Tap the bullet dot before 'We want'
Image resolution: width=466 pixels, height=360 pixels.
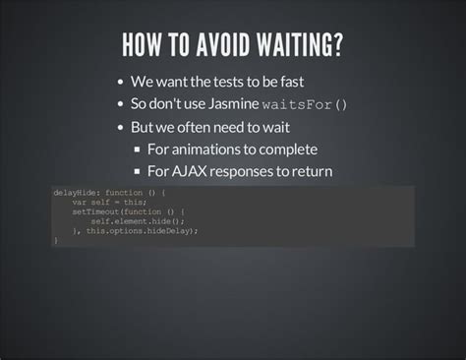tap(120, 82)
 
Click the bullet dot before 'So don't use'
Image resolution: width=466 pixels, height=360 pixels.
tap(120, 104)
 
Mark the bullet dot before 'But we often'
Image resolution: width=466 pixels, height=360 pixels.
tap(120, 127)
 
